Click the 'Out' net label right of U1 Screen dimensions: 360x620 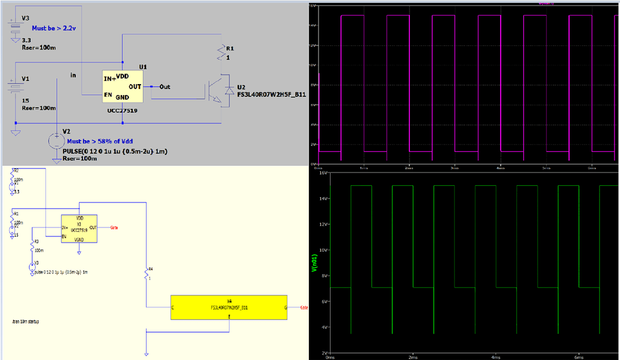tap(164, 87)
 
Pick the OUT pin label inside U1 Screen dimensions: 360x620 tap(134, 87)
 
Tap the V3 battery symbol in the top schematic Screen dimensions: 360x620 tap(16, 28)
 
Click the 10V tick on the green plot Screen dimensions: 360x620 tap(323, 250)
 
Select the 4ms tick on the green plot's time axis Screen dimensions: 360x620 tap(495, 357)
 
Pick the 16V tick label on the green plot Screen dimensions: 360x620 tap(323, 172)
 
